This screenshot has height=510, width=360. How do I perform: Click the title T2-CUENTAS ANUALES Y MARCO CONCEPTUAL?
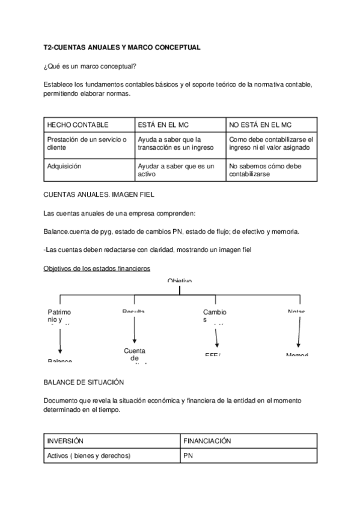[122, 47]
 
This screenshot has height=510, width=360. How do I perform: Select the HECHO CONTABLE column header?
[78, 125]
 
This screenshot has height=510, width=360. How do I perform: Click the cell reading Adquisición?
[64, 166]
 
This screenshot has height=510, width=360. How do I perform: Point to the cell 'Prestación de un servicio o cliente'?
[86, 143]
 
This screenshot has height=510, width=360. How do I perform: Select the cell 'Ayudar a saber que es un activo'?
[175, 170]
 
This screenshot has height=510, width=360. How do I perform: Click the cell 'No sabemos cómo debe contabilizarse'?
[265, 170]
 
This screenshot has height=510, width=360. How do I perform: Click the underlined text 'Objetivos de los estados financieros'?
[97, 268]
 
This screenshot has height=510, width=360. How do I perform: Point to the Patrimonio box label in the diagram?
[59, 316]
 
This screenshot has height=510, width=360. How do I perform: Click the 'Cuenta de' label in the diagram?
[135, 355]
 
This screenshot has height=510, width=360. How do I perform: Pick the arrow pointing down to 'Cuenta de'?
[134, 330]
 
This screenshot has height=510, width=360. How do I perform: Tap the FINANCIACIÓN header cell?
[207, 441]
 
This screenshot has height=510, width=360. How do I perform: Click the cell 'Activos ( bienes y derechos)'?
[88, 456]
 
